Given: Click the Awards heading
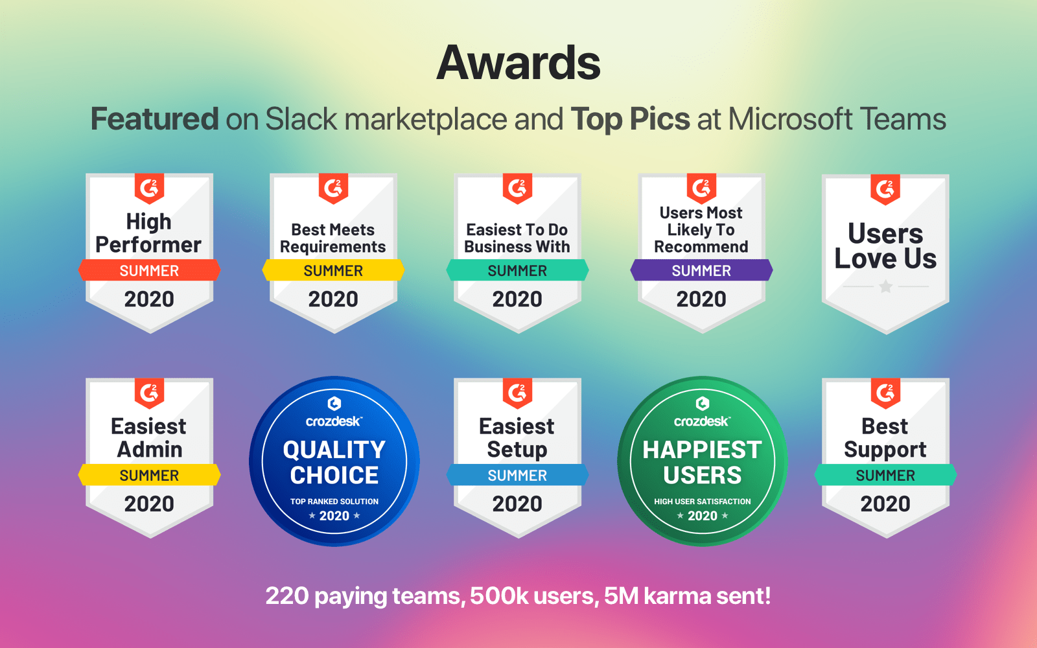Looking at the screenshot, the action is pyautogui.click(x=518, y=63).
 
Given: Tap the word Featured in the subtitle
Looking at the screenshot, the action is pyautogui.click(x=155, y=119).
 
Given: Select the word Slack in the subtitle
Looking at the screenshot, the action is pyautogui.click(x=301, y=119).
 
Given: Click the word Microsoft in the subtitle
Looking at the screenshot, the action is pyautogui.click(x=790, y=119).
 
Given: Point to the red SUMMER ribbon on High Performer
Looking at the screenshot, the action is pyautogui.click(x=149, y=270).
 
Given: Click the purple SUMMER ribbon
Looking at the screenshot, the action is pyautogui.click(x=701, y=270).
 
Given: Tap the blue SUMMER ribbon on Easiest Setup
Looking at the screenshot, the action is pyautogui.click(x=518, y=475).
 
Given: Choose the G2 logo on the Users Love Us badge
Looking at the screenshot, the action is pyautogui.click(x=885, y=189).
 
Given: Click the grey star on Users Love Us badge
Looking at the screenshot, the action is pyautogui.click(x=885, y=286).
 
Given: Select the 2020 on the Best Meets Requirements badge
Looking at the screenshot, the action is pyautogui.click(x=333, y=299).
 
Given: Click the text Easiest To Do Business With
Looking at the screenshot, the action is pyautogui.click(x=517, y=238).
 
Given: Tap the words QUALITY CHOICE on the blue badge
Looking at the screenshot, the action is pyautogui.click(x=334, y=463).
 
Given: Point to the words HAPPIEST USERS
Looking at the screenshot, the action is pyautogui.click(x=703, y=463).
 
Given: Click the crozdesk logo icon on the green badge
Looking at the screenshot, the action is pyautogui.click(x=703, y=404).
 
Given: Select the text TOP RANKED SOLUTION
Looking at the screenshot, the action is pyautogui.click(x=334, y=502).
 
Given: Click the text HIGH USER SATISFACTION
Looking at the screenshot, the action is pyautogui.click(x=703, y=502).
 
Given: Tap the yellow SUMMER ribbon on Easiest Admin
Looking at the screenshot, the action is pyautogui.click(x=149, y=475).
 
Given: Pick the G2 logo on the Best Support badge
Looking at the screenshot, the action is pyautogui.click(x=885, y=393).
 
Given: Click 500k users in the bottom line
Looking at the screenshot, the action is pyautogui.click(x=532, y=596).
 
